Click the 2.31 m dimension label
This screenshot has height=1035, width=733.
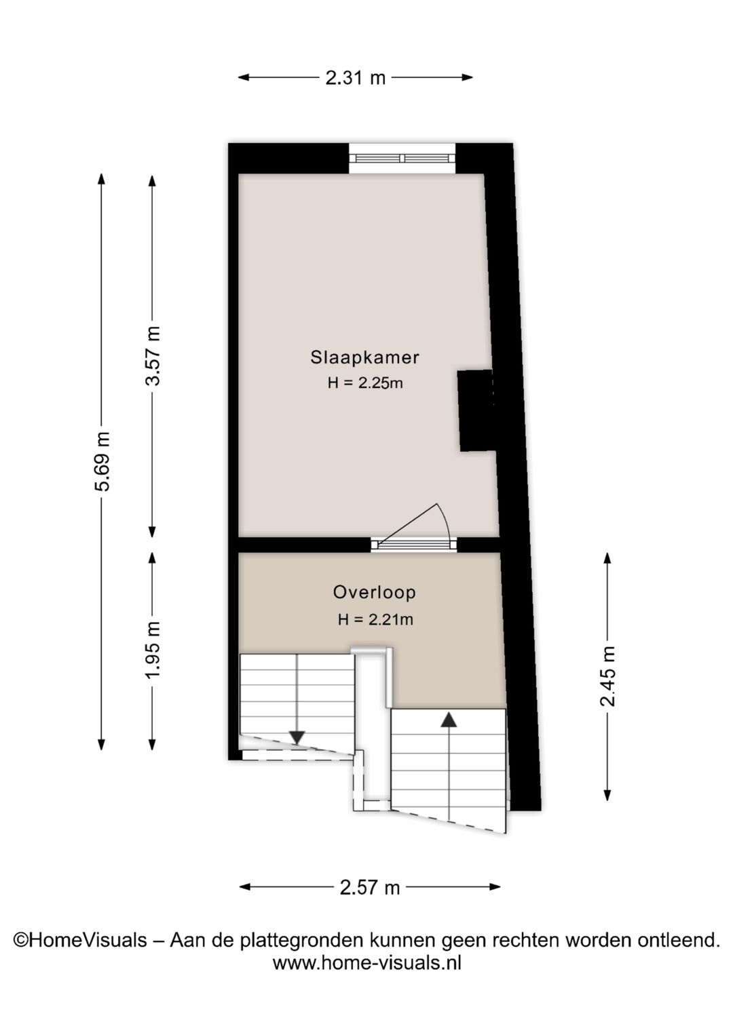coord(355,78)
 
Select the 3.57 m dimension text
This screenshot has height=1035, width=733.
coord(153,356)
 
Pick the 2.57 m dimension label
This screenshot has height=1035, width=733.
coord(369,888)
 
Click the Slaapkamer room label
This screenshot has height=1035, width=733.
coord(365,357)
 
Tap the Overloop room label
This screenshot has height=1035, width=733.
coord(375,592)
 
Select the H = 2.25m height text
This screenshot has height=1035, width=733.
coord(365,383)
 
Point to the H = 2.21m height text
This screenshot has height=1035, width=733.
coord(375,619)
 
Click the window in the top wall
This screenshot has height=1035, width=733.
coord(402,158)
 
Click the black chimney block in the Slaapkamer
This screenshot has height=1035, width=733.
coord(476,410)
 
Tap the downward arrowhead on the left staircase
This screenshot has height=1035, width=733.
coord(297,737)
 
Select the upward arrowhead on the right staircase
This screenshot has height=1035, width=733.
coord(448,720)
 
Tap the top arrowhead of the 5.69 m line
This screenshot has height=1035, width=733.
coord(102,179)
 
